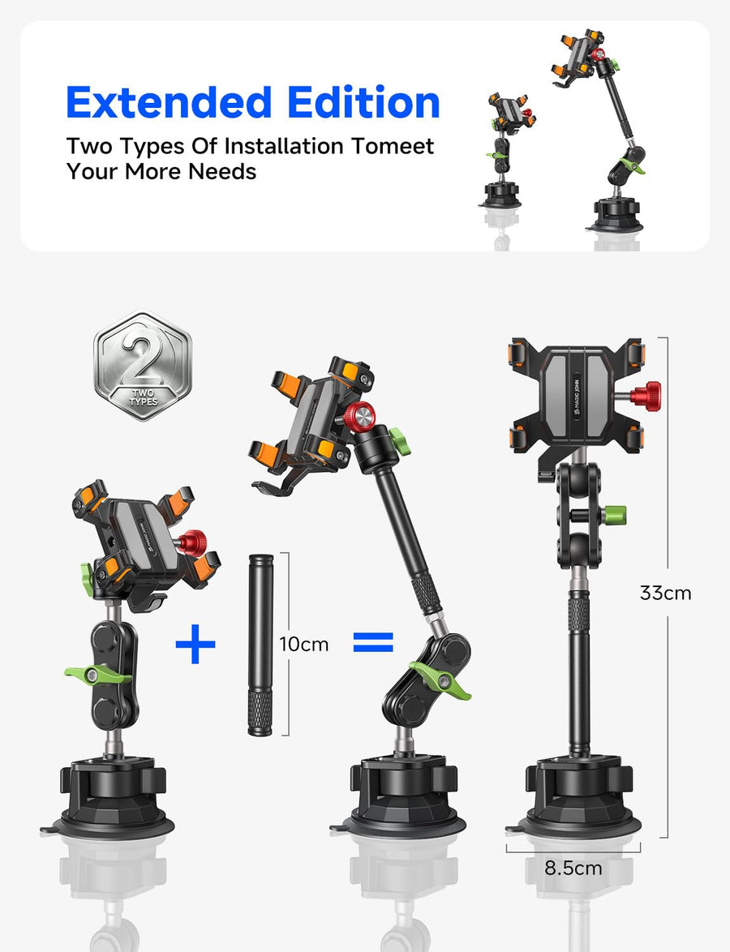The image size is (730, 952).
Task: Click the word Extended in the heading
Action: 169,102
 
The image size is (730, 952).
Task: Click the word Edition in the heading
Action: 364,102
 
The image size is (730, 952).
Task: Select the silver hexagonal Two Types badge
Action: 143,366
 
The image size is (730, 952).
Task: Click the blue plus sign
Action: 195,644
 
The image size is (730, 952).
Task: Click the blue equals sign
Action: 373,642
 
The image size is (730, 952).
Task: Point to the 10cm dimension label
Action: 303,644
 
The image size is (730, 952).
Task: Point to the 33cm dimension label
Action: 666,593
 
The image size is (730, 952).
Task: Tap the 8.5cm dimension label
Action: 573,868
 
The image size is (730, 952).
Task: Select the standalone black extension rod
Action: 260,644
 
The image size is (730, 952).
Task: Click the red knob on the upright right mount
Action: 646,396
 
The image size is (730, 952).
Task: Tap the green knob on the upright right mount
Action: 615,516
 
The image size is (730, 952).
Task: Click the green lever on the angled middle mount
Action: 441,680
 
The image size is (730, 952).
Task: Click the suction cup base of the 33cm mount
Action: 574,796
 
